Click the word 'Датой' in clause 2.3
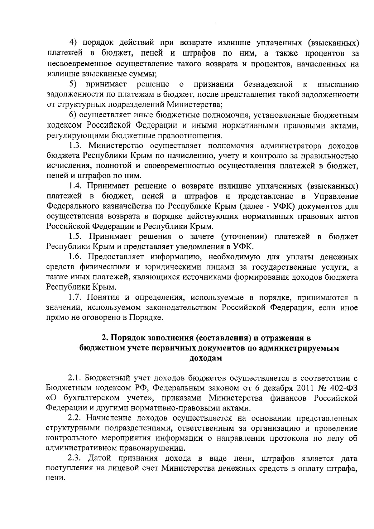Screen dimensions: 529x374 tap(99, 459)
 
